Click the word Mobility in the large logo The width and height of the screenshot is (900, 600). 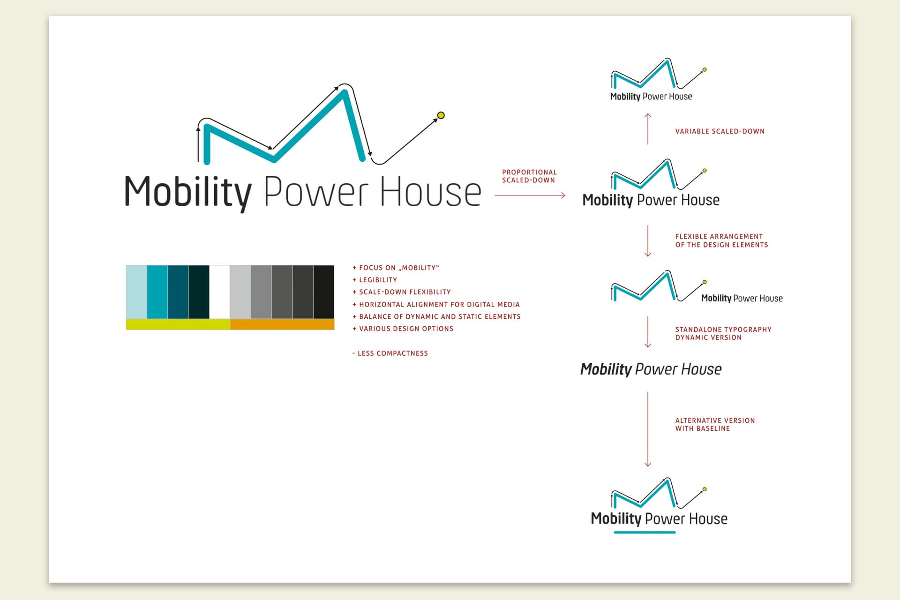click(187, 192)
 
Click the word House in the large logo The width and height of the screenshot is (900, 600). click(430, 192)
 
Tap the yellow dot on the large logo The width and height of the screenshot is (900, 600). click(441, 115)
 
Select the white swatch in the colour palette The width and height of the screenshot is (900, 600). click(219, 292)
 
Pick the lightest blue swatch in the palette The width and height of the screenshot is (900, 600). click(136, 292)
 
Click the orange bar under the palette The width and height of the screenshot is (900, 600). click(282, 324)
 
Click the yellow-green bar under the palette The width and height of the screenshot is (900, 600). click(178, 324)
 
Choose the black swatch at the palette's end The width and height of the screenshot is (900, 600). click(324, 292)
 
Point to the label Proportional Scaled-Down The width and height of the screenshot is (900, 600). click(529, 176)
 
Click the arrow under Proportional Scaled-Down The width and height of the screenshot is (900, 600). click(530, 195)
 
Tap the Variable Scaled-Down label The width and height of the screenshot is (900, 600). click(720, 131)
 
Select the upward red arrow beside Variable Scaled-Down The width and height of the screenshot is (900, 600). click(648, 128)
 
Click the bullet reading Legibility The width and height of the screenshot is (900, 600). click(378, 280)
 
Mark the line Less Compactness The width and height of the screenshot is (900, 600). click(392, 353)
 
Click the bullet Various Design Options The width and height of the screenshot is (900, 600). click(406, 329)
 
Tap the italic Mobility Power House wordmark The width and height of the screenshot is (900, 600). click(651, 369)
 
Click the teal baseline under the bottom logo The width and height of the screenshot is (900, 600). click(645, 532)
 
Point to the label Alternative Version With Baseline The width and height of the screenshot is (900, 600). click(715, 424)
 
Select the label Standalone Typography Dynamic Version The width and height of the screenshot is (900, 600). click(723, 333)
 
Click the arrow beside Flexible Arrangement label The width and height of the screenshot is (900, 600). click(648, 241)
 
